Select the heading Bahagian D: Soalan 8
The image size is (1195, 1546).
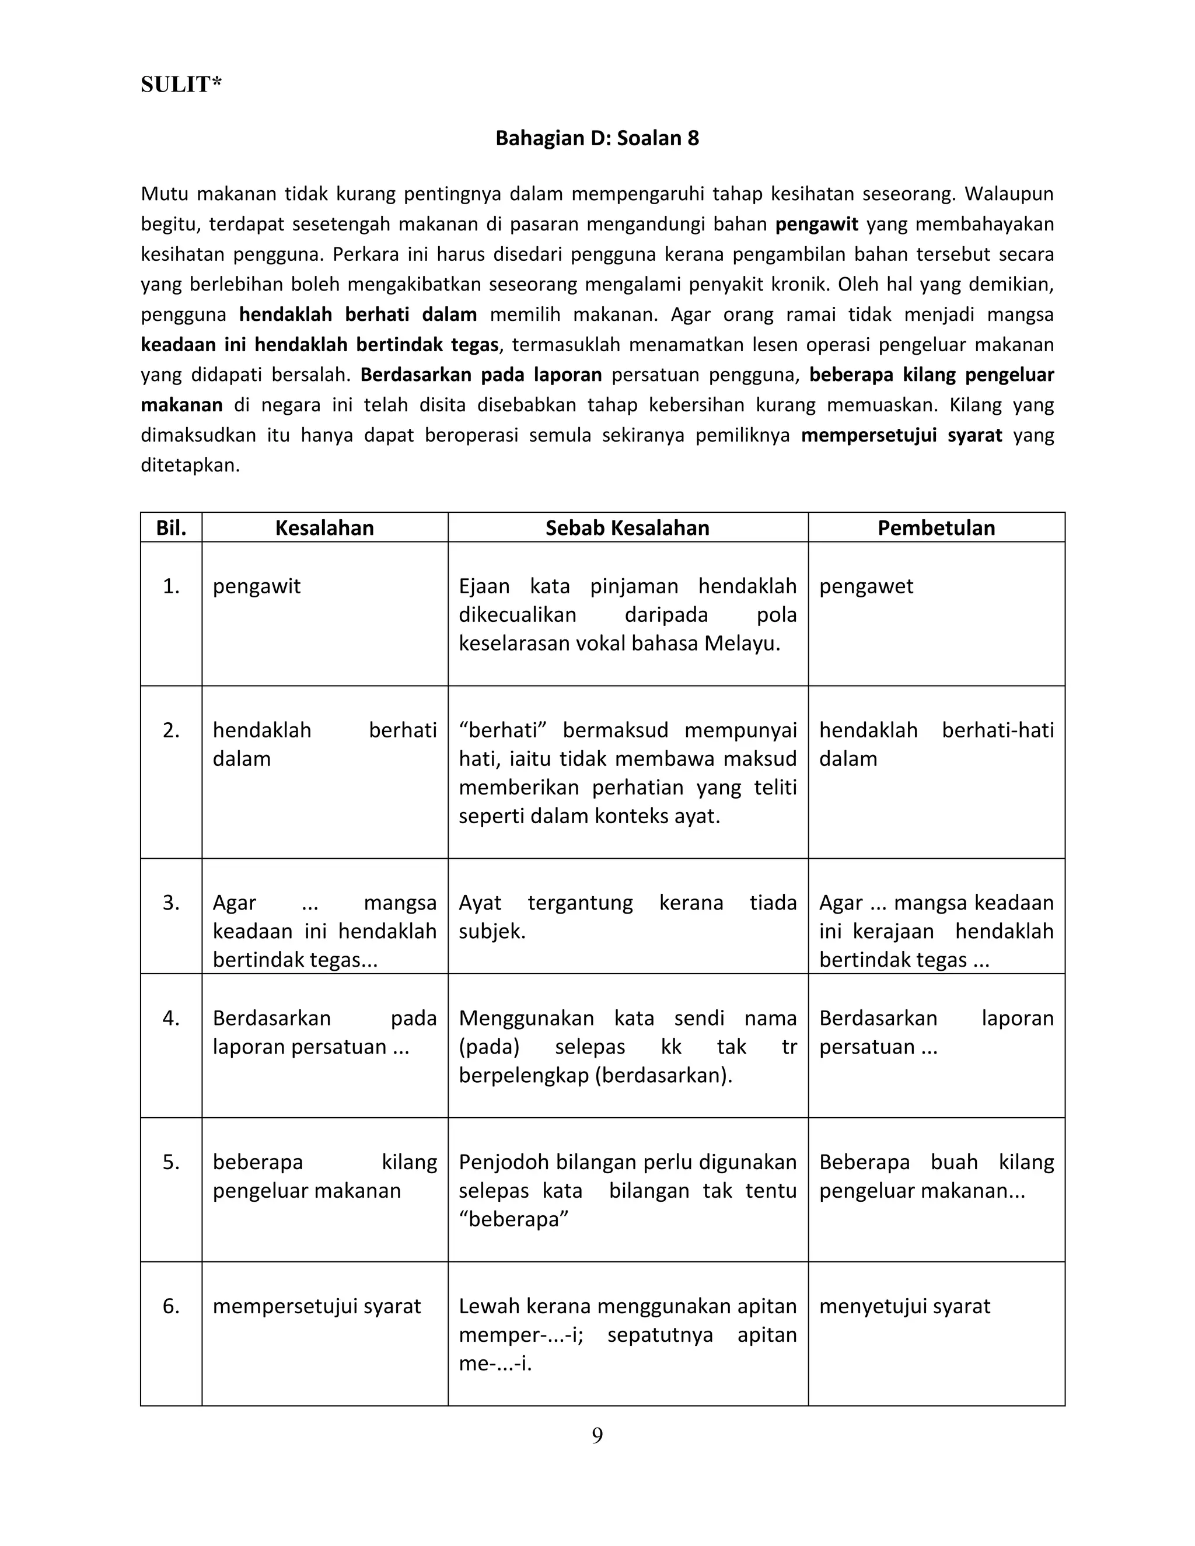(597, 138)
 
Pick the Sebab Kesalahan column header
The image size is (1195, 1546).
(627, 528)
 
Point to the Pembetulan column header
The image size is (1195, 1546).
(936, 528)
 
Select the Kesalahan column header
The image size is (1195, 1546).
(324, 528)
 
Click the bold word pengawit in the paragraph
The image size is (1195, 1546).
(816, 225)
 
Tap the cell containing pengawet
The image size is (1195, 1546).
(866, 586)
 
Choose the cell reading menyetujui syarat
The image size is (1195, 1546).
(904, 1306)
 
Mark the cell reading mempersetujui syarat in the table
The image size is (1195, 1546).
(316, 1306)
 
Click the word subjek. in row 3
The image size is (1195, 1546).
(492, 932)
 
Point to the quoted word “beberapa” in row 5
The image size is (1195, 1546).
(513, 1220)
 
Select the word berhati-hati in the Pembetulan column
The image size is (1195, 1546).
(997, 730)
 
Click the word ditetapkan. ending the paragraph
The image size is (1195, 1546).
(190, 466)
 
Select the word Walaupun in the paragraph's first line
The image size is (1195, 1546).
(1009, 194)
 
